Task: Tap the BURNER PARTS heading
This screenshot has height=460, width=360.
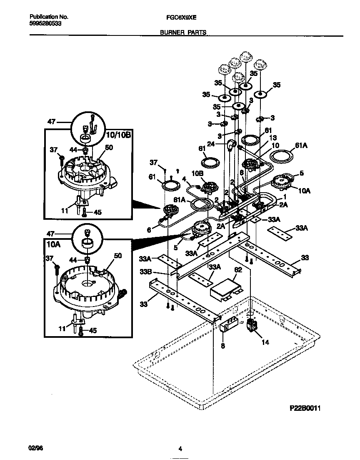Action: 183,32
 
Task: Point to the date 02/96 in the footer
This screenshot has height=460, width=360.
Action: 36,449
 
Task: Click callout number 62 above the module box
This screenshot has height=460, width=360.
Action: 237,270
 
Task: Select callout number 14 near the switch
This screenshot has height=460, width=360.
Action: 265,342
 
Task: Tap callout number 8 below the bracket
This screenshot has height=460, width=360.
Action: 223,345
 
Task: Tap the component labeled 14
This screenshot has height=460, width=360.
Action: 251,326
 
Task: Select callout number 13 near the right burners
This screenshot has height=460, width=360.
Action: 273,138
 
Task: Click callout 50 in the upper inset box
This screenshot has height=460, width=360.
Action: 109,147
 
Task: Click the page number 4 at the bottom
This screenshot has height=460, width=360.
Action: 180,449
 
